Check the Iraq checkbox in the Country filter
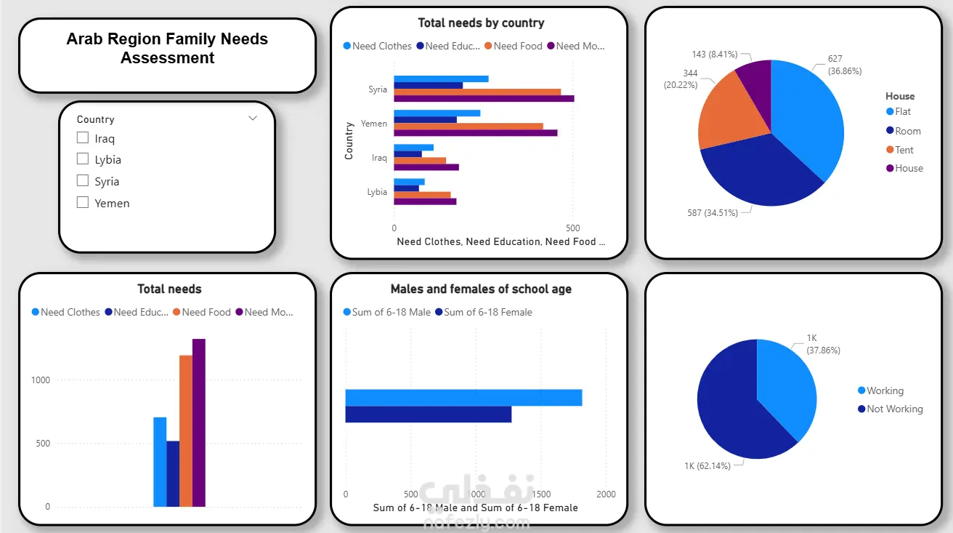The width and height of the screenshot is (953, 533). point(83,138)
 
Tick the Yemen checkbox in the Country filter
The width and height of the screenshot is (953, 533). point(83,203)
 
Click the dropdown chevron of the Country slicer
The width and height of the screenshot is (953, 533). point(253,118)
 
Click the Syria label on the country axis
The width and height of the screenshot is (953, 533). point(377,89)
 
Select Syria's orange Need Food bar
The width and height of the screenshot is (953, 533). point(477,92)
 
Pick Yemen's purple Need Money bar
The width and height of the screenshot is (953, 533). point(475,133)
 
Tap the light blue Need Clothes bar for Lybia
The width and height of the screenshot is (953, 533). point(409,182)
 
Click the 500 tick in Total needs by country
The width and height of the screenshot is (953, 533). point(572,227)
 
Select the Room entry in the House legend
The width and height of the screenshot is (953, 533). point(907,131)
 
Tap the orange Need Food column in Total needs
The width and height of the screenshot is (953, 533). point(185,430)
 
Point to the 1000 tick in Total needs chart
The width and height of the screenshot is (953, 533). point(41,380)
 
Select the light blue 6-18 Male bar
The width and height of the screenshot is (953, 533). point(463,397)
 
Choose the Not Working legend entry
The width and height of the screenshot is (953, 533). point(894,409)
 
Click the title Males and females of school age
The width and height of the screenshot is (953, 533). point(481,289)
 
